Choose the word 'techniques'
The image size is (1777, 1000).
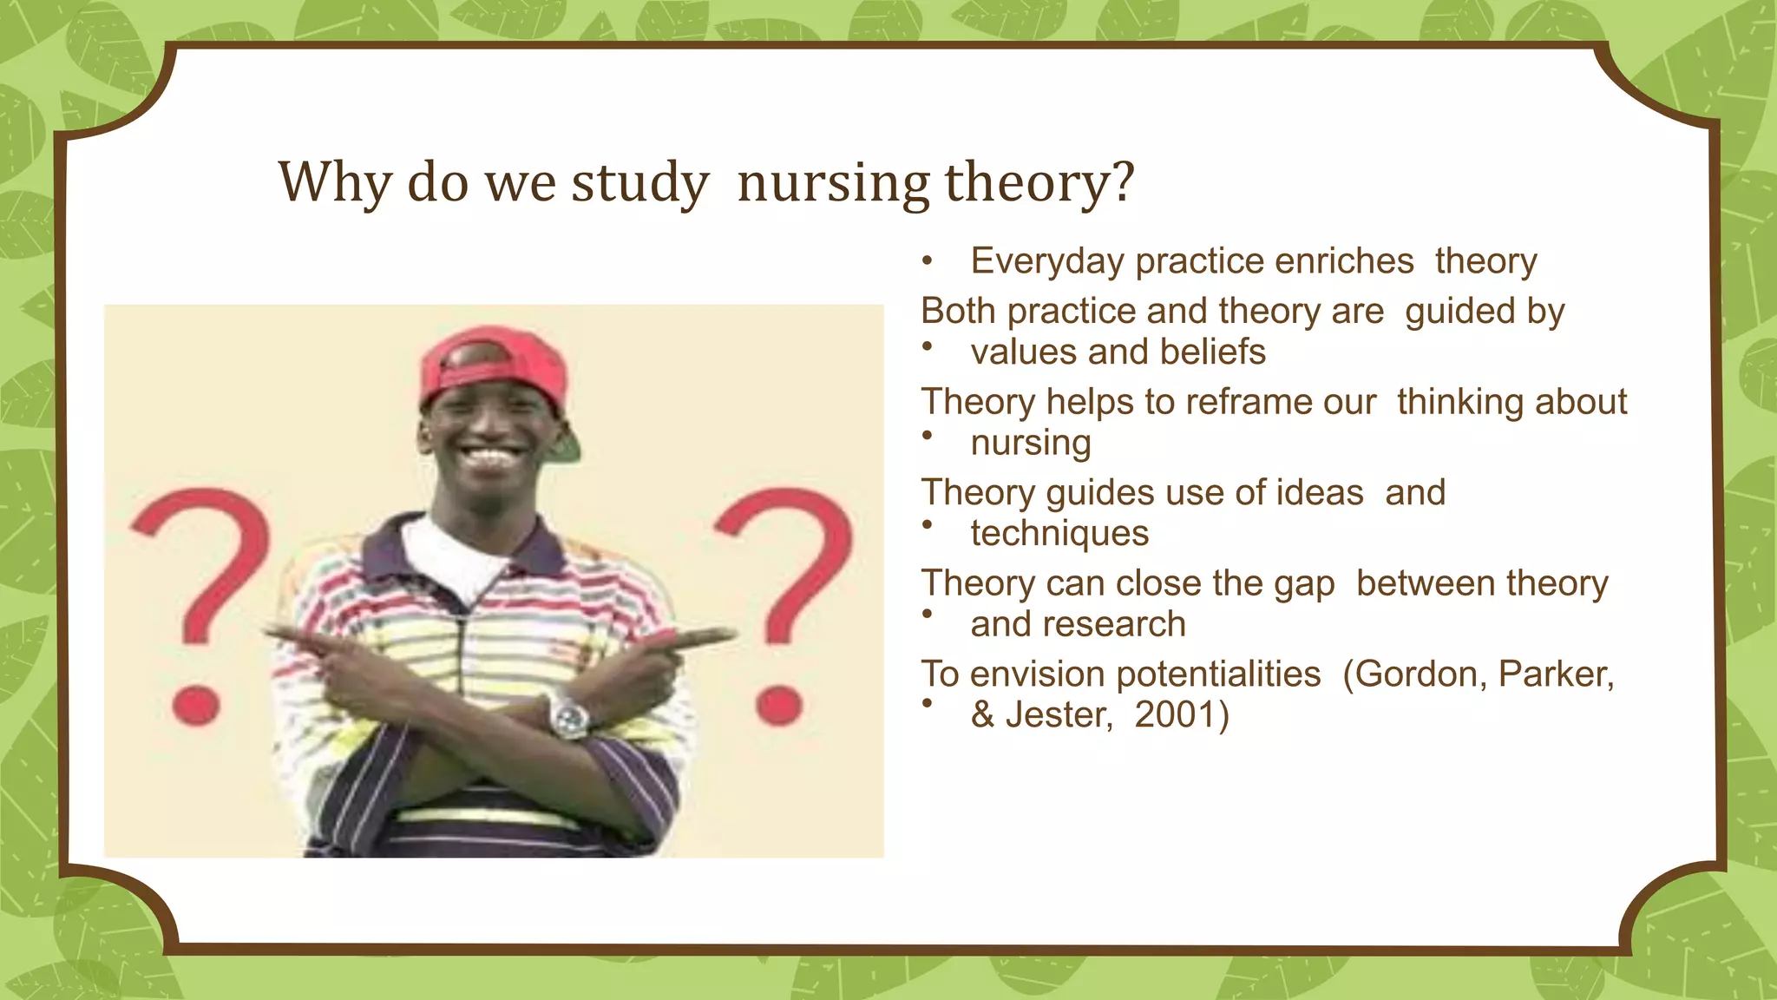[1059, 533]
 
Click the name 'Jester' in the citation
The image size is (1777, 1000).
[1057, 715]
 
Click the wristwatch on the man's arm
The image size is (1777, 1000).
[570, 718]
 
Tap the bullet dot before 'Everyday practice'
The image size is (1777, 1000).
[927, 260]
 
